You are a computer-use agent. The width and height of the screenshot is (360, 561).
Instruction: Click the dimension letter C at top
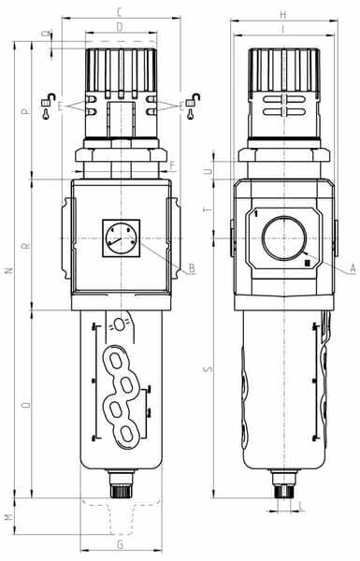pyautogui.click(x=120, y=12)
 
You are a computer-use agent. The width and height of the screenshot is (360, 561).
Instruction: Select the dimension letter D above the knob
pyautogui.click(x=120, y=26)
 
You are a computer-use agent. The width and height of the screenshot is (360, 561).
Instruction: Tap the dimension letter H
pyautogui.click(x=282, y=15)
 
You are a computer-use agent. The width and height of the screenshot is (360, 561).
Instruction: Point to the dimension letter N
pyautogui.click(x=10, y=270)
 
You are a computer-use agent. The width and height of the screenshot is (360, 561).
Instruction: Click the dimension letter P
pyautogui.click(x=24, y=111)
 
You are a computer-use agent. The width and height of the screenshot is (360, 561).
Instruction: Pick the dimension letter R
pyautogui.click(x=25, y=247)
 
